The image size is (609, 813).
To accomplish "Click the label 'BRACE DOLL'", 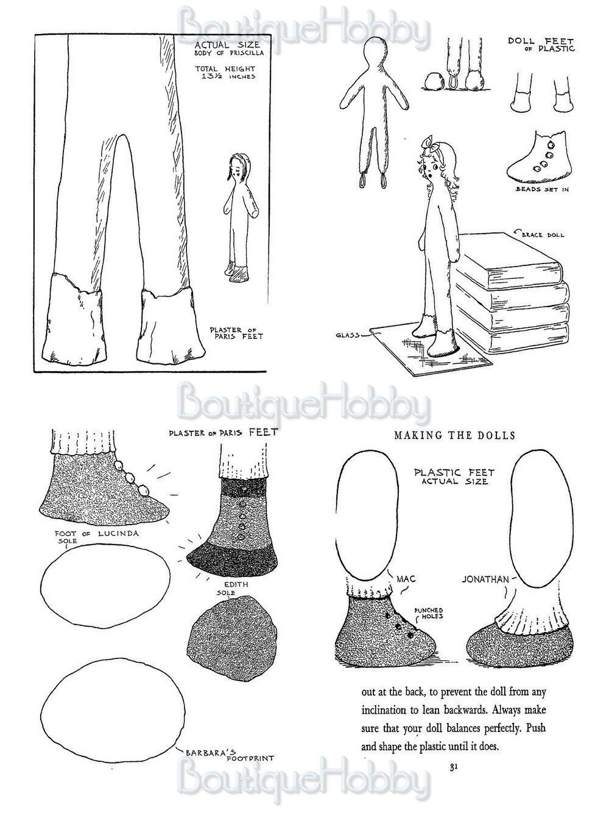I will point(543,235).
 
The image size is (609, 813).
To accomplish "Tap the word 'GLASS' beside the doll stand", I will point(348,334).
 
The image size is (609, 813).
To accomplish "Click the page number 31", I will point(453,768).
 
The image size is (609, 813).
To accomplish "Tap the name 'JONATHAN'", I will point(485,579).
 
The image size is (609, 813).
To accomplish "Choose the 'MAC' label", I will point(406,579).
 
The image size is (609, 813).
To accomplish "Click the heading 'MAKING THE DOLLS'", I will point(455,435).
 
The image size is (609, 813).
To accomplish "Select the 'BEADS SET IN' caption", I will point(542,189).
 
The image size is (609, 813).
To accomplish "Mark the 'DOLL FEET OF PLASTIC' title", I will point(541,44).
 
